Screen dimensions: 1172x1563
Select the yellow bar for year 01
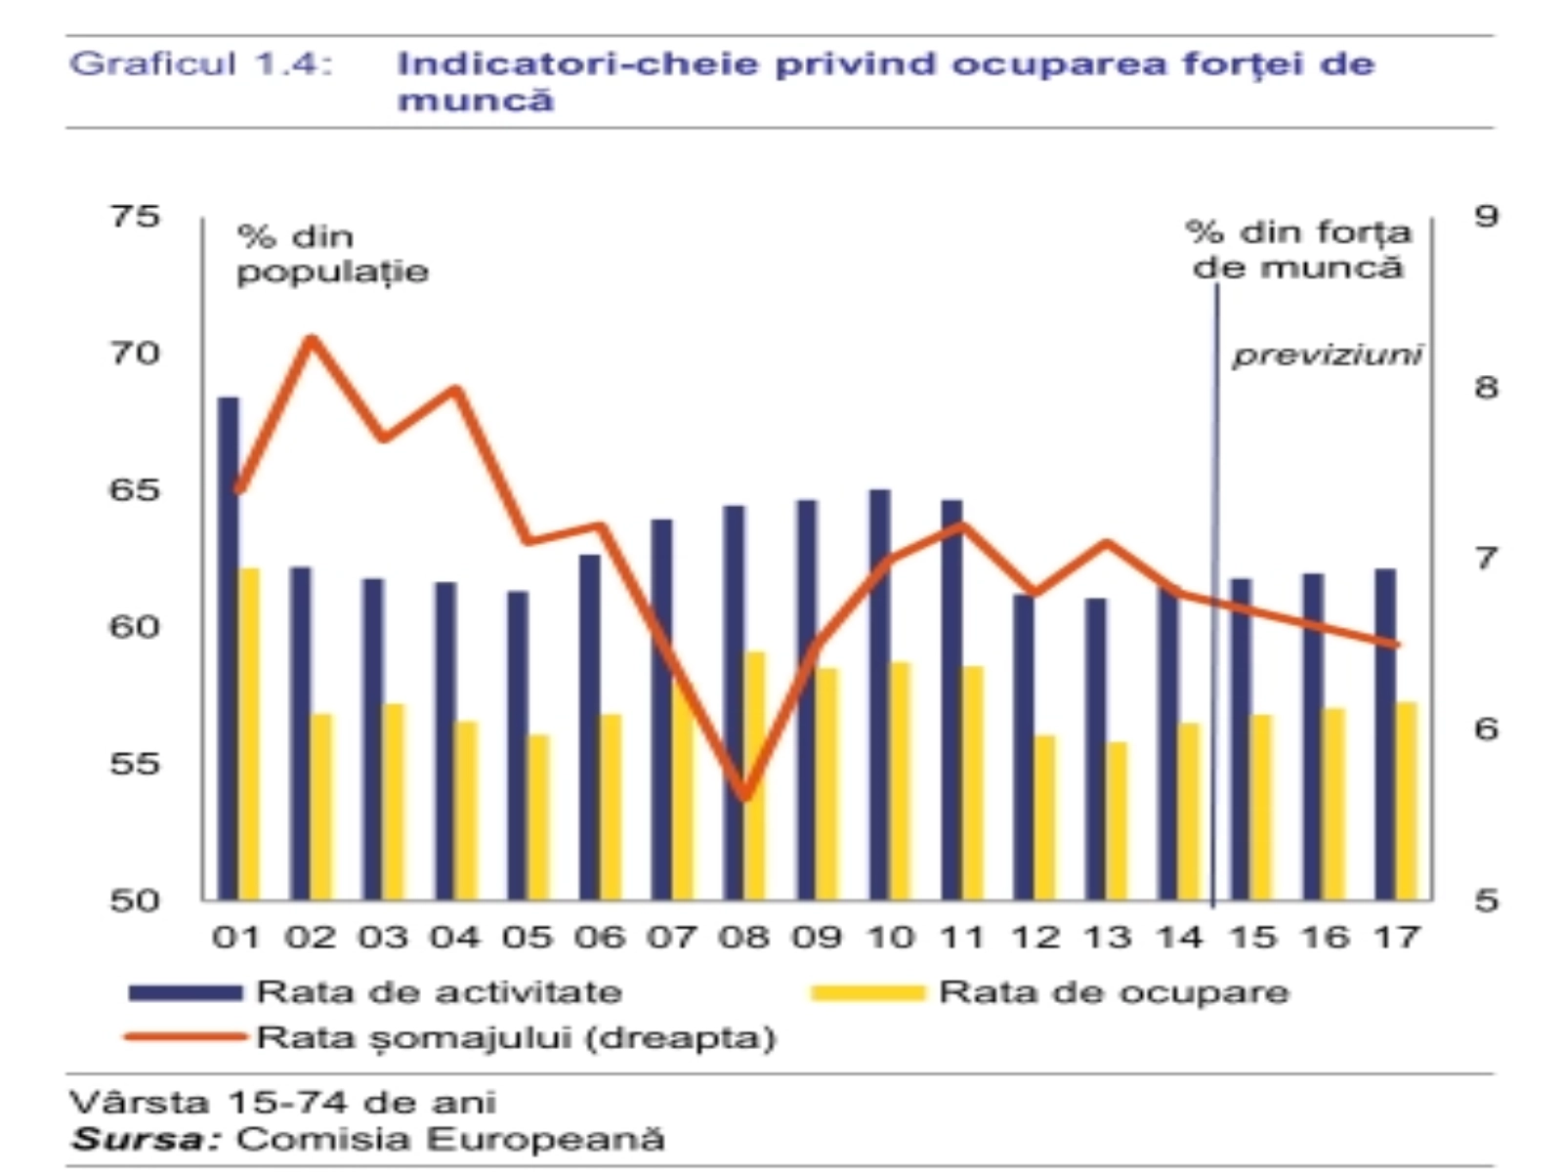249,732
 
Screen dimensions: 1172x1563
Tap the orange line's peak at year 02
312,339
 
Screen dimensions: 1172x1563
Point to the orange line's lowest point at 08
745,797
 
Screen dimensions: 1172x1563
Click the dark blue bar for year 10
879,693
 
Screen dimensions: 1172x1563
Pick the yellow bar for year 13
1118,820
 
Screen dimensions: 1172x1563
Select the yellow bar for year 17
1407,801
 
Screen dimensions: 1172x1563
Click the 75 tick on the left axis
135,216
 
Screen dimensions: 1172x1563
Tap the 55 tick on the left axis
135,763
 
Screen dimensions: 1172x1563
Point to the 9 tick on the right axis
1486,216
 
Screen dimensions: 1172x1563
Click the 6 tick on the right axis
1486,729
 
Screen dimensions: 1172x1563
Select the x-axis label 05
528,938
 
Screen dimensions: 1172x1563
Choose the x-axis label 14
1180,938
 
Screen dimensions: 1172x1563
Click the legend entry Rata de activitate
439,992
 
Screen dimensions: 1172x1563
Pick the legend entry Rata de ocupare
1114,992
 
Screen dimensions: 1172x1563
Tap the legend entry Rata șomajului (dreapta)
516,1037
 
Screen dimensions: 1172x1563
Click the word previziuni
1327,355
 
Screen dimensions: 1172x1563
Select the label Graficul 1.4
201,64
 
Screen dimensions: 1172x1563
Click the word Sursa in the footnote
148,1140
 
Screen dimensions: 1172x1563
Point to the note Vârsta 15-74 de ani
283,1103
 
